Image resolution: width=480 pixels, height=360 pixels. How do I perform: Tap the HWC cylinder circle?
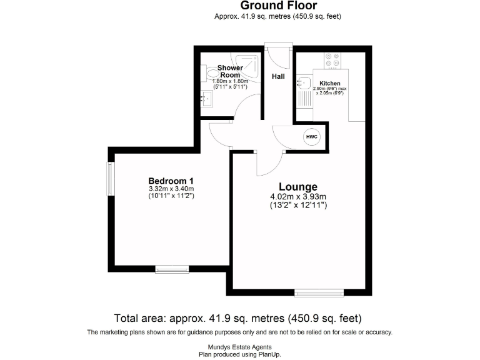coord(311,137)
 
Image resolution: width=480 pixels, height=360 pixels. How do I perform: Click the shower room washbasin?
coord(205,97)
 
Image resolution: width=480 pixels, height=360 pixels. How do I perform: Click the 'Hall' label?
coord(278,76)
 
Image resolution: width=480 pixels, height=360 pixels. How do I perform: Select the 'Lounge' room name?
coord(297,186)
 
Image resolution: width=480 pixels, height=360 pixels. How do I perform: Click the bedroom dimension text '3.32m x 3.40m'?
coord(171,189)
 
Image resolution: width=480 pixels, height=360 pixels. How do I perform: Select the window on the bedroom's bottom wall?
coord(172,269)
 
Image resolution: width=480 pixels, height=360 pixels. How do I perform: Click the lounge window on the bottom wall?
coord(319,292)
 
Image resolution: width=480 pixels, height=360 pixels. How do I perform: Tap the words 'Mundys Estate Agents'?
coord(240,347)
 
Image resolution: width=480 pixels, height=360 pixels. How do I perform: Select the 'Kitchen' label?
coord(329,83)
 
